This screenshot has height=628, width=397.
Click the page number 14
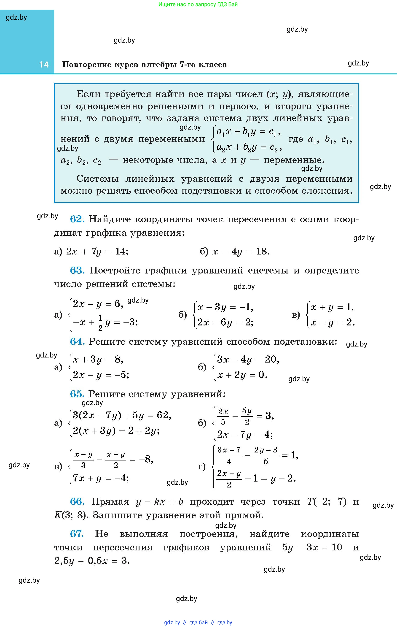44,65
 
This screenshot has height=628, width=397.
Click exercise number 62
77,219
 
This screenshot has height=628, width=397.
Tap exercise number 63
77,271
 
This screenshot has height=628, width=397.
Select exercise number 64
77,341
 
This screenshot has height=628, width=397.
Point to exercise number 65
77,394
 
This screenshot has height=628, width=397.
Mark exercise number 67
77,534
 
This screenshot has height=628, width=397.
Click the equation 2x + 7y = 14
97,252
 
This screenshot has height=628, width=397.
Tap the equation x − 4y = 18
241,252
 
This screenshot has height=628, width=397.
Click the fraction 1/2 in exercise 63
100,323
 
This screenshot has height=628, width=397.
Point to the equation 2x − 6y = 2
225,323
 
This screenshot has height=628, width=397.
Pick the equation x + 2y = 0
242,375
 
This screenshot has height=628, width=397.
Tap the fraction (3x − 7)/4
229,455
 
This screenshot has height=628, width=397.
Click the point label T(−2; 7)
327,501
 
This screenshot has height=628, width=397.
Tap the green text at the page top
198,4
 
